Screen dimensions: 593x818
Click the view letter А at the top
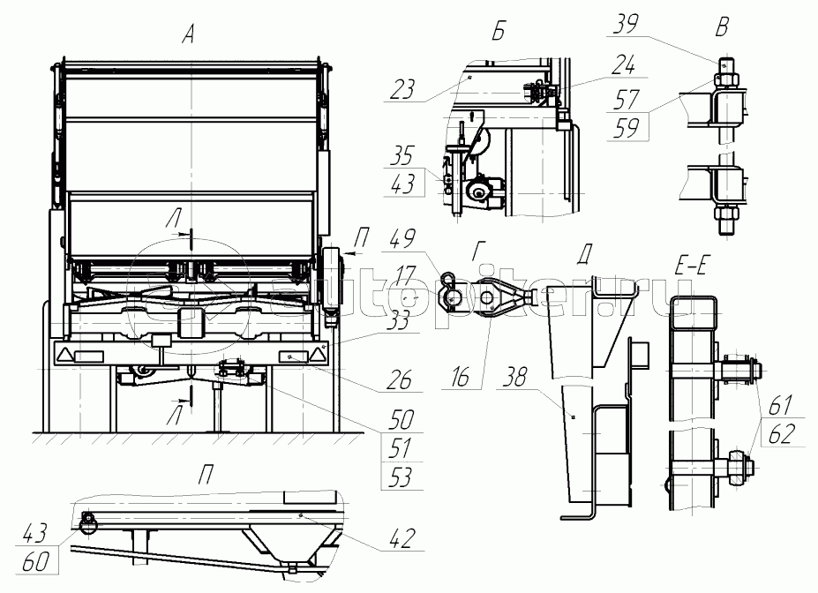pos(187,36)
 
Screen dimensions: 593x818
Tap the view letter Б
pos(499,34)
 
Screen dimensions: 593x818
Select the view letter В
pos(722,27)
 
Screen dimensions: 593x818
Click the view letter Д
pos(583,254)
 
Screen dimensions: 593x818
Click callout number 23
pos(401,87)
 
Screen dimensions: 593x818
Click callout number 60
pos(36,558)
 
